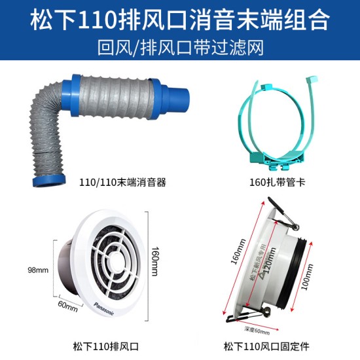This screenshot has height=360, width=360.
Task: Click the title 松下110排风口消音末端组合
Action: (179, 19)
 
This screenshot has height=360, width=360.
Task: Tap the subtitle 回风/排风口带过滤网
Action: (179, 47)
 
